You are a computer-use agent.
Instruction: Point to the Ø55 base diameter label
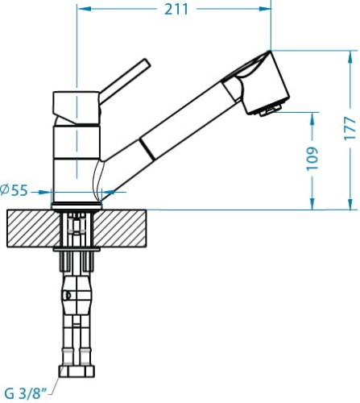pyautogui.click(x=15, y=190)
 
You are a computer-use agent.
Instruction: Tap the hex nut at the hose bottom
pyautogui.click(x=78, y=372)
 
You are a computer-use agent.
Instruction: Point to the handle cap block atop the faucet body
pyautogui.click(x=75, y=103)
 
